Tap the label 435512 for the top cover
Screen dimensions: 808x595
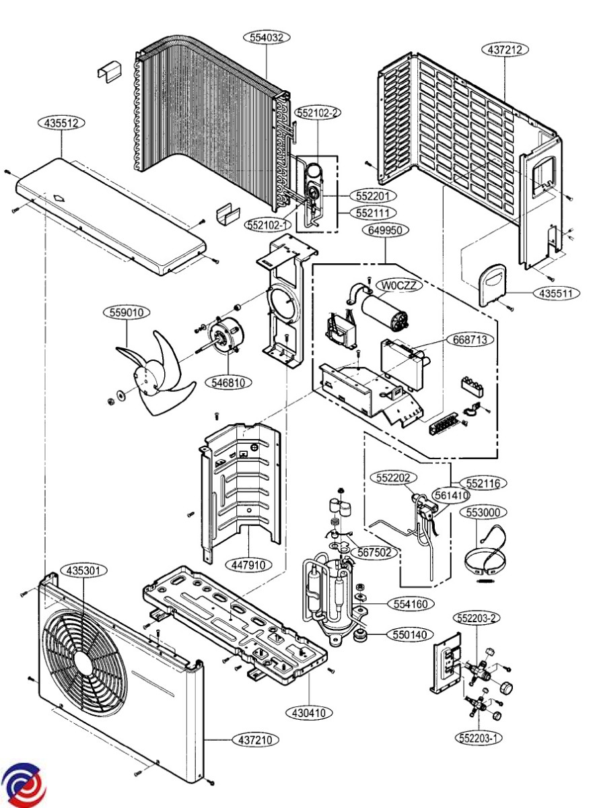[x=61, y=123]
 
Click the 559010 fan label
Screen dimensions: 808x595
[x=127, y=312]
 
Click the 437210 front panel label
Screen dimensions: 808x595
[x=256, y=740]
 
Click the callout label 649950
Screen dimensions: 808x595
[x=386, y=230]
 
